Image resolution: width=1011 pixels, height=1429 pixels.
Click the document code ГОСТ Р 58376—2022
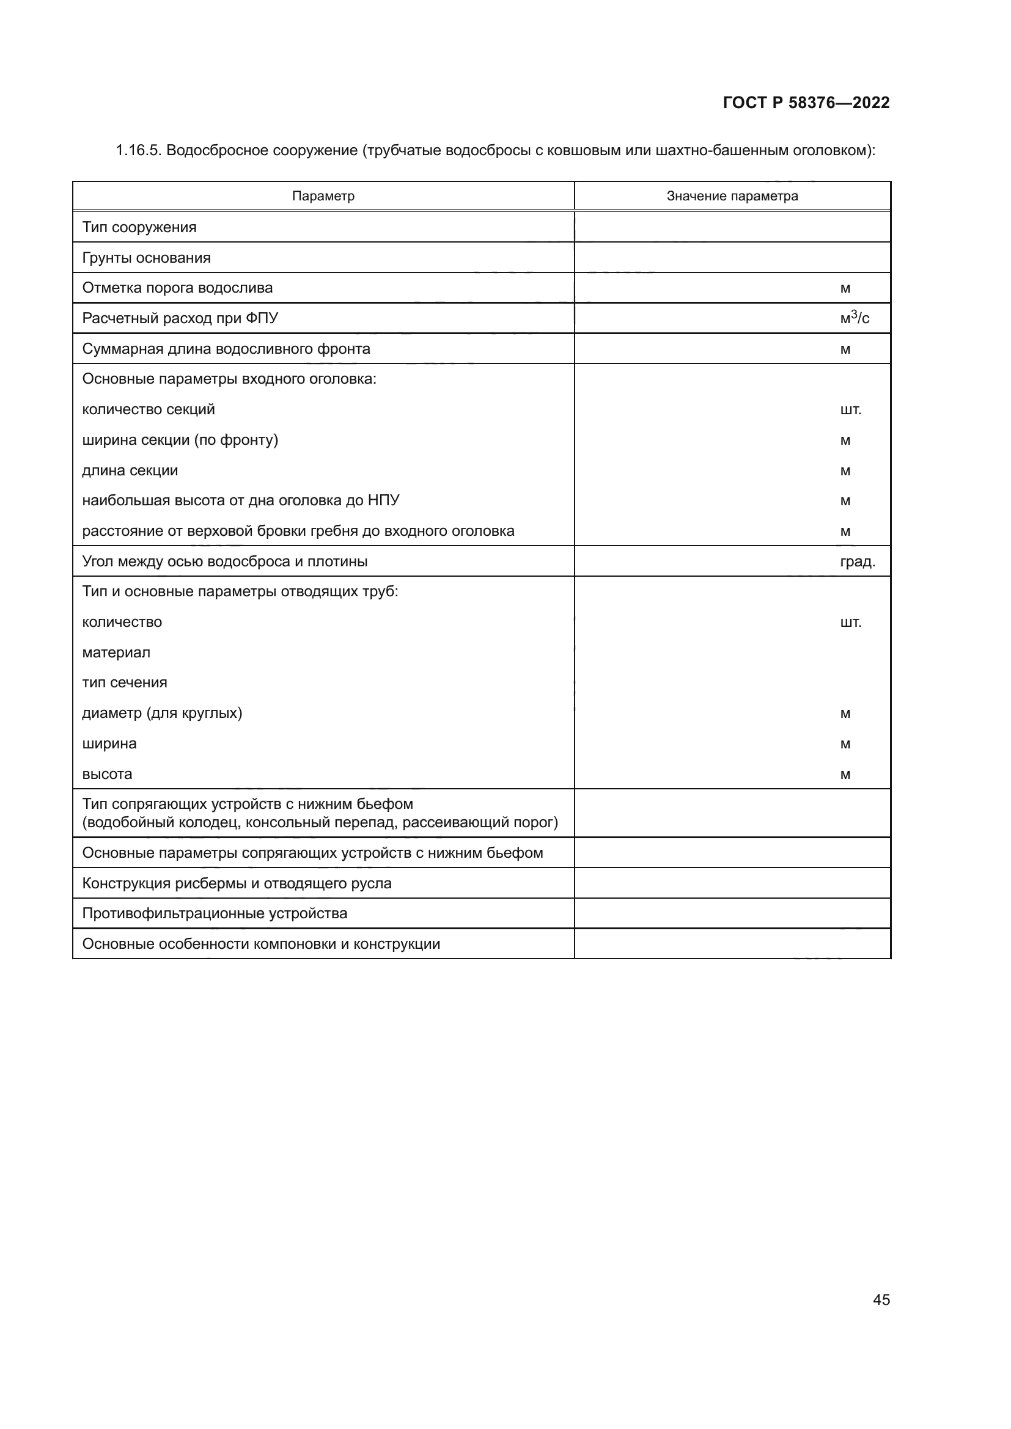click(x=806, y=103)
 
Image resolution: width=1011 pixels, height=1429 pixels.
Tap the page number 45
click(x=881, y=1299)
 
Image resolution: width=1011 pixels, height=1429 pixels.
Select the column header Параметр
click(x=323, y=196)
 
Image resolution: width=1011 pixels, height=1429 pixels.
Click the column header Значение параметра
click(x=732, y=196)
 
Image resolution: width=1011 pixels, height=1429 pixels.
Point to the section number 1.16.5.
click(x=138, y=151)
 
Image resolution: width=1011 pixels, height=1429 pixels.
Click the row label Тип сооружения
click(x=139, y=227)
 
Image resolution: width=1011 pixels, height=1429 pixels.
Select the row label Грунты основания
click(x=146, y=258)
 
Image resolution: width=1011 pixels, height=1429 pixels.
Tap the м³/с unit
click(x=854, y=318)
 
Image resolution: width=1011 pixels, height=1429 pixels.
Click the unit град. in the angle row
click(x=857, y=561)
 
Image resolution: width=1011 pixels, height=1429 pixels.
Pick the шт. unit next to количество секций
click(x=850, y=409)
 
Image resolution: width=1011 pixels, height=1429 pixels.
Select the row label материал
click(x=116, y=652)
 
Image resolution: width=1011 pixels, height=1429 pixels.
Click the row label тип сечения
click(x=125, y=683)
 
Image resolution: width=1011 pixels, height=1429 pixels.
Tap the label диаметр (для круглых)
click(x=162, y=713)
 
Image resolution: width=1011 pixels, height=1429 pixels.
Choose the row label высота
click(x=107, y=774)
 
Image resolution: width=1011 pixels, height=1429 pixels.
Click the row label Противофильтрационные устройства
click(x=215, y=913)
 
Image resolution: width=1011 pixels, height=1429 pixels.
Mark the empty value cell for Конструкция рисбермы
click(x=732, y=883)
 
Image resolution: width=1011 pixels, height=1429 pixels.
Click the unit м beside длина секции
click(x=845, y=470)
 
